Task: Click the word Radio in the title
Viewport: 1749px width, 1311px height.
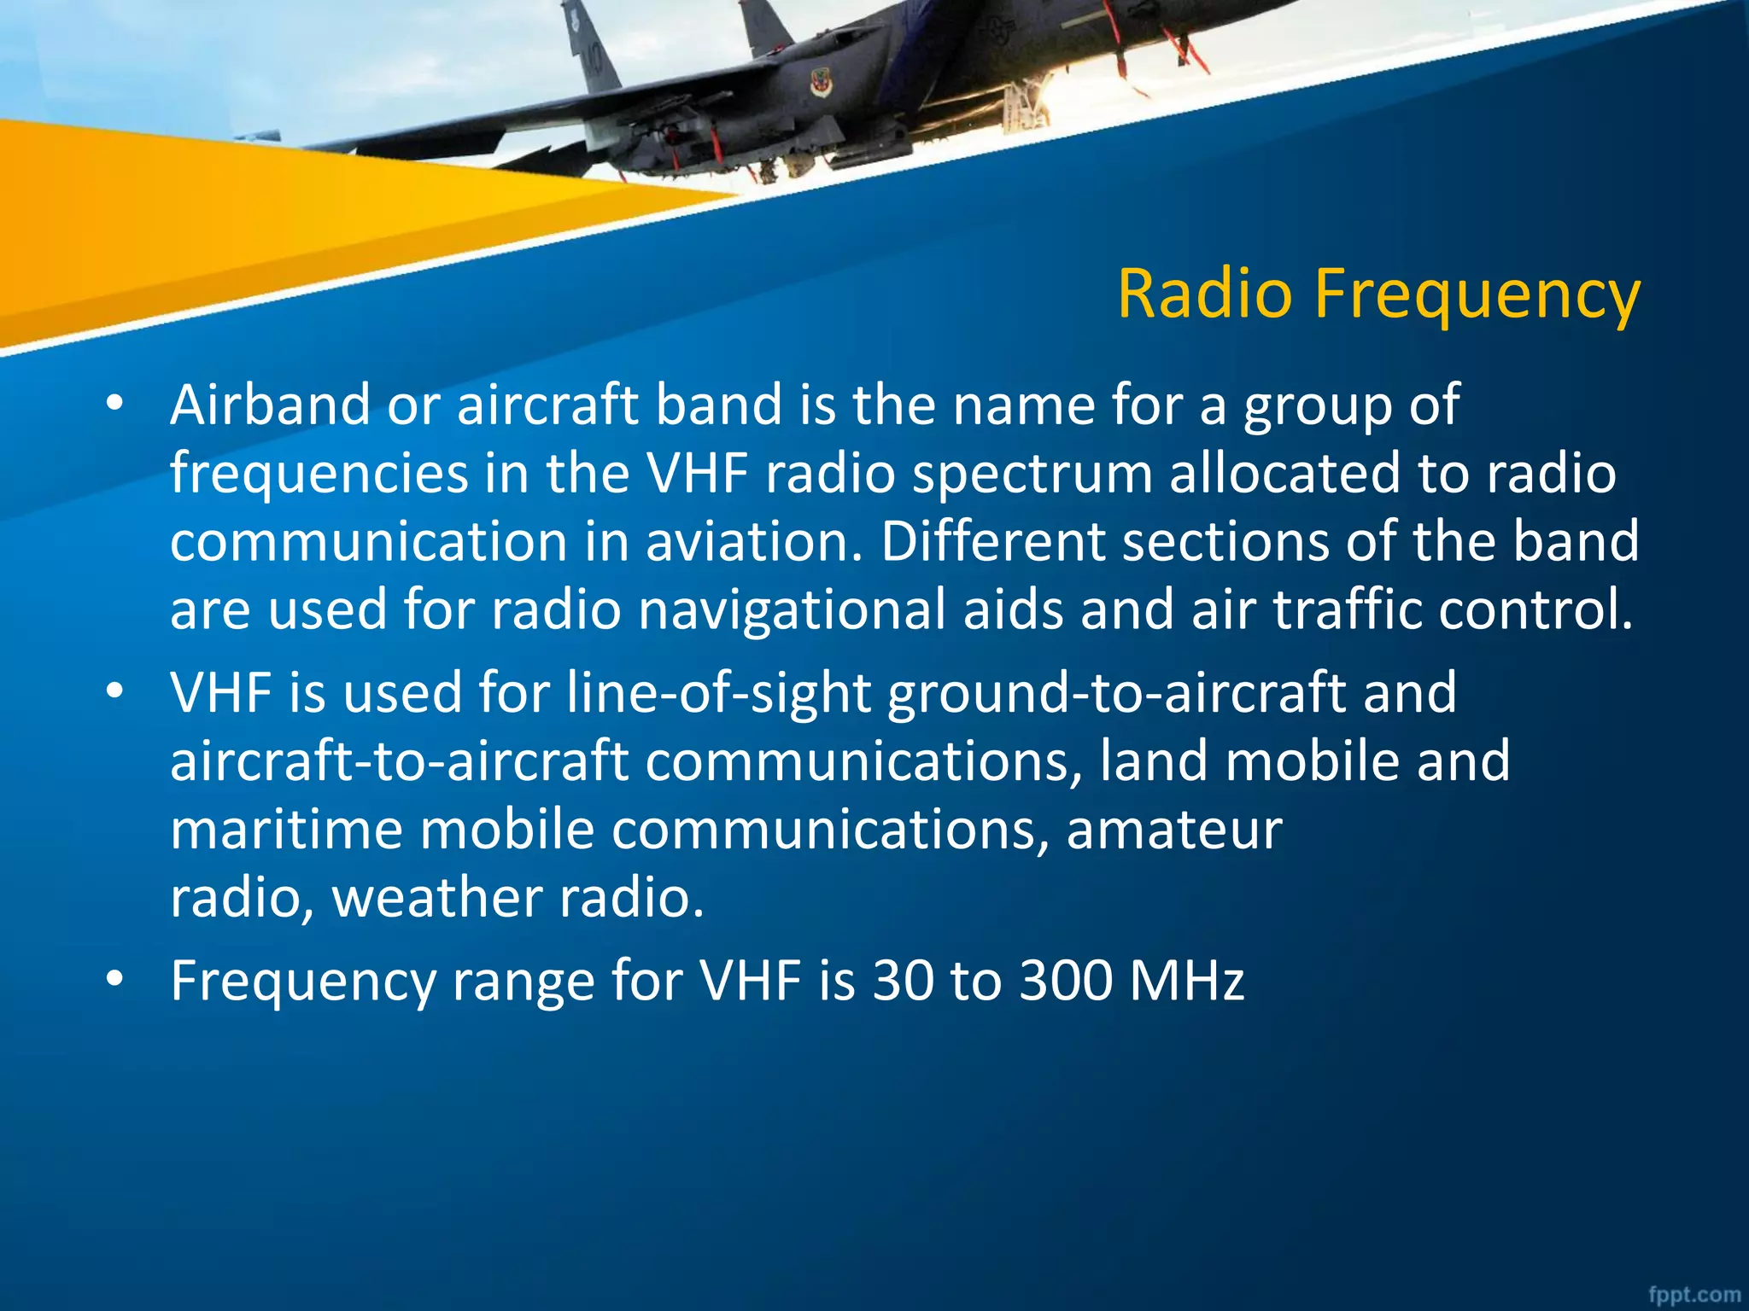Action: click(1205, 294)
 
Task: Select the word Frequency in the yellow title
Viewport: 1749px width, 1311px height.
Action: click(1477, 295)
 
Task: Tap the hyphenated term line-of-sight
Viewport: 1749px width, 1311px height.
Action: click(718, 693)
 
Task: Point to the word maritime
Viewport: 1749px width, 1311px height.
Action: click(286, 830)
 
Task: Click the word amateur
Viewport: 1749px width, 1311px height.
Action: click(1174, 830)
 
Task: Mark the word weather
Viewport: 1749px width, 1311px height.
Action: click(436, 898)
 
